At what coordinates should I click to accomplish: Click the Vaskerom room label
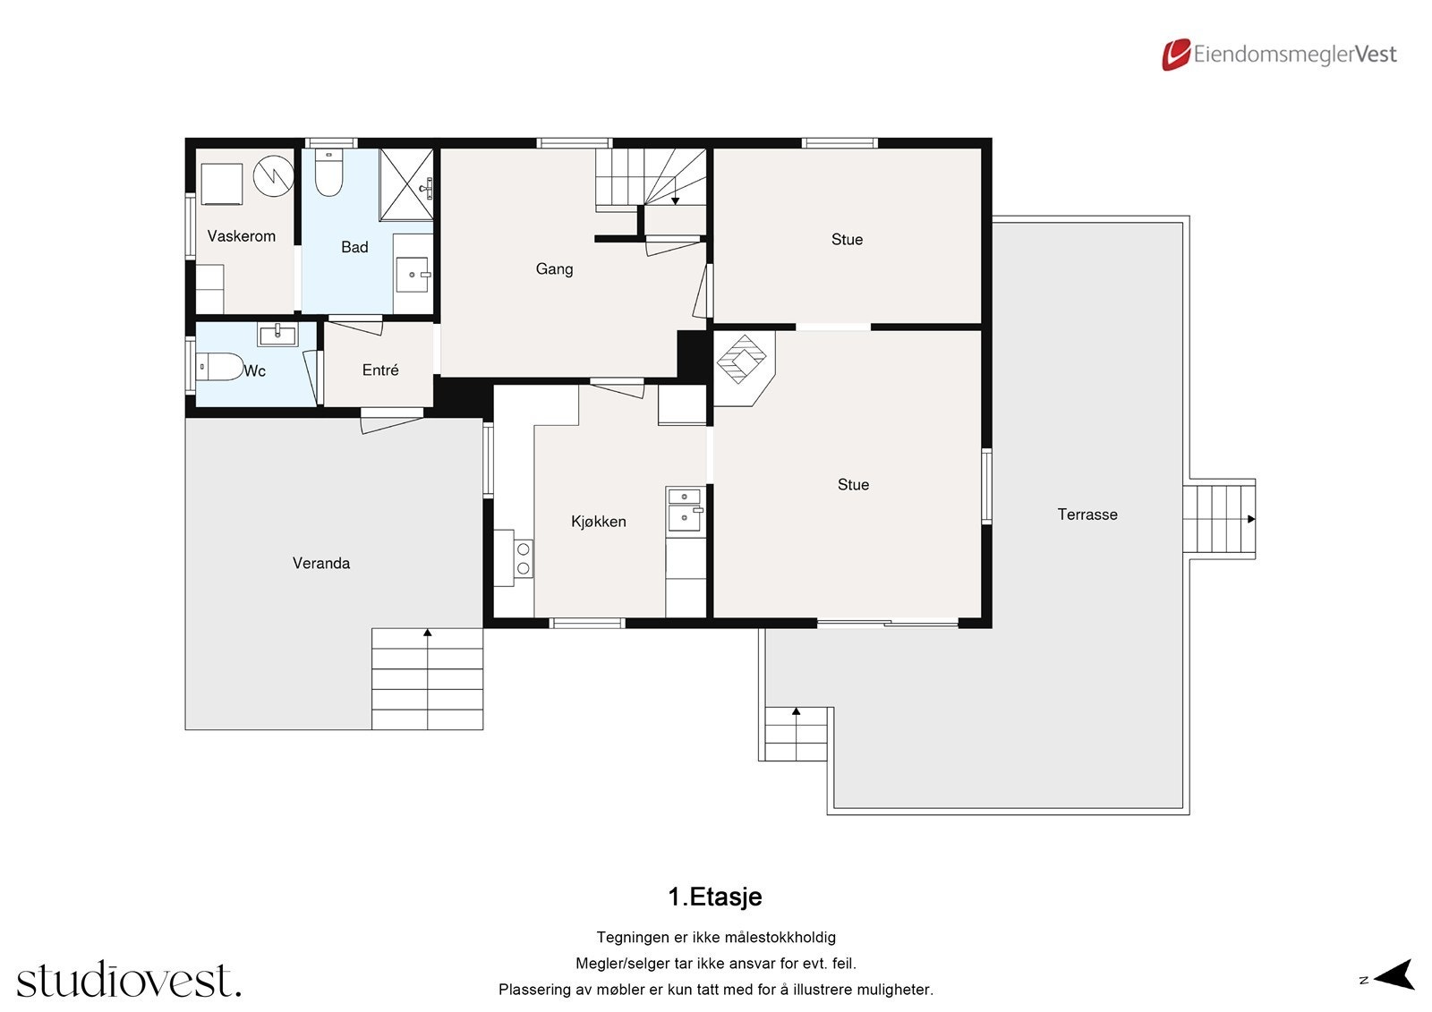(x=241, y=236)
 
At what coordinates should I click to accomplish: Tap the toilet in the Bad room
(x=328, y=174)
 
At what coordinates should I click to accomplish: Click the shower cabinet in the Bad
(x=406, y=184)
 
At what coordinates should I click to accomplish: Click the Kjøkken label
(x=598, y=522)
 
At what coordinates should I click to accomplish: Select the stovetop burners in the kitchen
(x=524, y=558)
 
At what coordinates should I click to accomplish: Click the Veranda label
(x=320, y=563)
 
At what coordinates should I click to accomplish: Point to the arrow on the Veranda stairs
(x=428, y=633)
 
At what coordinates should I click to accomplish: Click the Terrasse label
(x=1087, y=515)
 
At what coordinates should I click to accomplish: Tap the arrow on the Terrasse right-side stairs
(x=1251, y=519)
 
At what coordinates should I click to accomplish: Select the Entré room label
(x=380, y=370)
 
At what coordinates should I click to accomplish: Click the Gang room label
(x=554, y=269)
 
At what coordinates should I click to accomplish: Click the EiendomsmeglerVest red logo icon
(x=1176, y=55)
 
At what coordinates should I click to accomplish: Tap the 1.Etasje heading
(x=714, y=897)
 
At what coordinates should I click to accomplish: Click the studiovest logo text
(x=129, y=981)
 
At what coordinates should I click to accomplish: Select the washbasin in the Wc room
(x=278, y=335)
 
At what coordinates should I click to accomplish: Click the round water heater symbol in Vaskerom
(x=273, y=175)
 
